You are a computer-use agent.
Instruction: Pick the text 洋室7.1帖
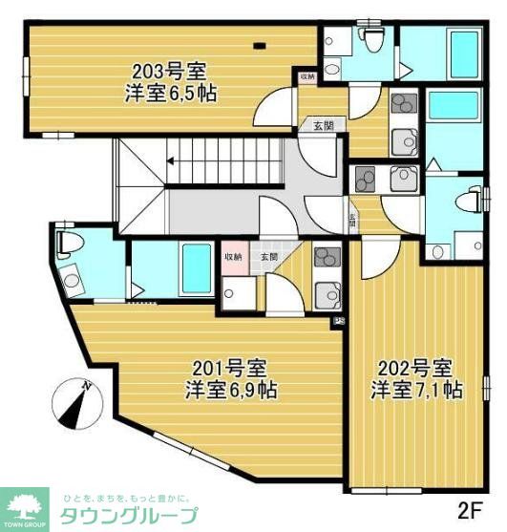(x=417, y=390)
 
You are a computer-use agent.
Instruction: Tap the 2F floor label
(x=473, y=506)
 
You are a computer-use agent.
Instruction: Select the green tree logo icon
(x=26, y=503)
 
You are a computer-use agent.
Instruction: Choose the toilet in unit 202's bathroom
(x=463, y=201)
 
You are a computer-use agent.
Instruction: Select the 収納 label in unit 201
(x=234, y=256)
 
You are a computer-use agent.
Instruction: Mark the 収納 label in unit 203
(x=306, y=76)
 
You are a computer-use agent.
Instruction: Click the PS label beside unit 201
(x=339, y=322)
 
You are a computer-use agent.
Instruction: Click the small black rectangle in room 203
(x=260, y=44)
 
